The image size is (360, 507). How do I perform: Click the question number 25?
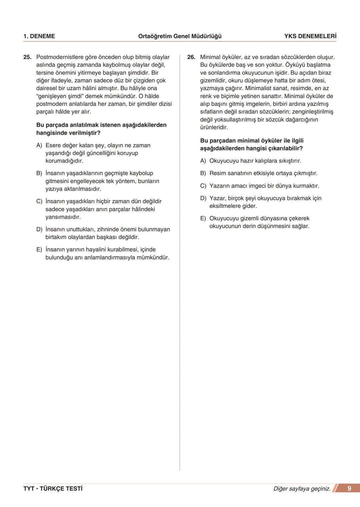point(27,57)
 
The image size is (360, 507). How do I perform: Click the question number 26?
point(191,57)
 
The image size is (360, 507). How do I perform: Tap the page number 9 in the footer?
point(349,488)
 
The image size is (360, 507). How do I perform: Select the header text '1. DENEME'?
point(39,36)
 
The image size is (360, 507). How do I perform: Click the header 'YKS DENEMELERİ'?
point(310,36)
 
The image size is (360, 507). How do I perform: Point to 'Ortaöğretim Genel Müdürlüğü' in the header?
point(180,36)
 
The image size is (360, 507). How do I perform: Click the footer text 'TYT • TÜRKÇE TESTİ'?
point(53,489)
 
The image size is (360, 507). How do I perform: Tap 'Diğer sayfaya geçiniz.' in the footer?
point(302,489)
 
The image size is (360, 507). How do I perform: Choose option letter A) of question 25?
point(39,146)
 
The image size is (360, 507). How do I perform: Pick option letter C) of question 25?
point(39,202)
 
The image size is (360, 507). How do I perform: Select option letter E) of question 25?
point(39,250)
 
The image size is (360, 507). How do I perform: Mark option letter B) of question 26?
point(203,174)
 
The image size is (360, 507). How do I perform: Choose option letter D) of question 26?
point(203,199)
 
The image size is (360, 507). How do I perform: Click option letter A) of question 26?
point(203,161)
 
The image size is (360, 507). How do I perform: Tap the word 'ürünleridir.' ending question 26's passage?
point(214,128)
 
